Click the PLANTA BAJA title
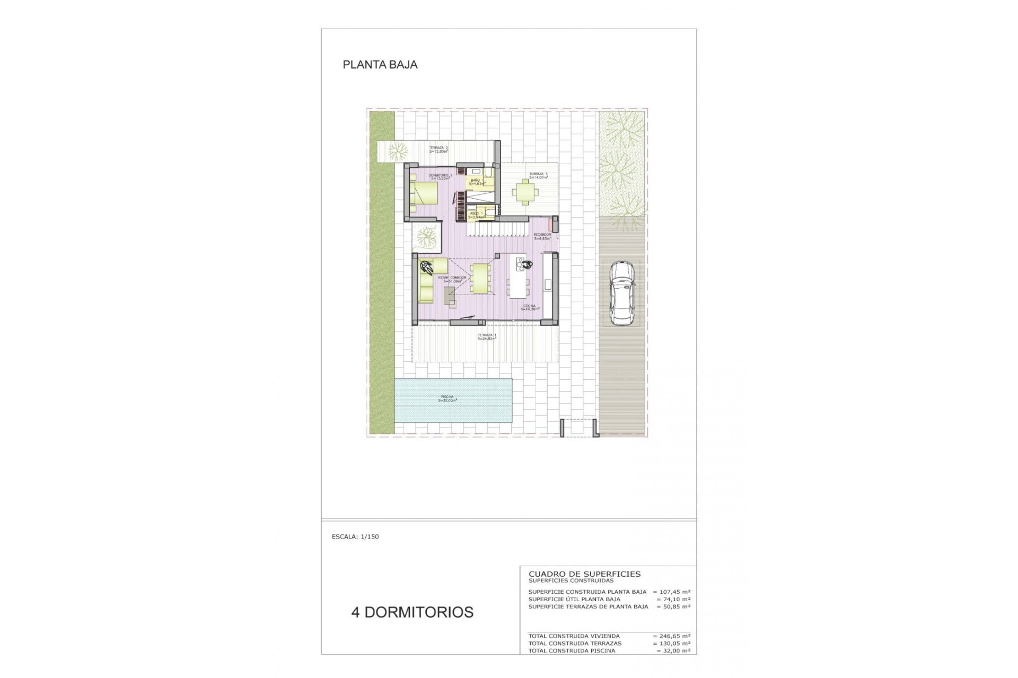[380, 65]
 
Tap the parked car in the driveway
[621, 294]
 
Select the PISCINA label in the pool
[447, 398]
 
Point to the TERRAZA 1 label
[486, 336]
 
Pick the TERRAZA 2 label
[438, 149]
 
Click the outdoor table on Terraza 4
[524, 191]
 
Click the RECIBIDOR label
[542, 236]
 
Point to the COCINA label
[530, 307]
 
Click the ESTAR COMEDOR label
[452, 279]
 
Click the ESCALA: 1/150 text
[355, 537]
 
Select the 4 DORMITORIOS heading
[412, 612]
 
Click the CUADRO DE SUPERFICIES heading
[584, 574]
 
